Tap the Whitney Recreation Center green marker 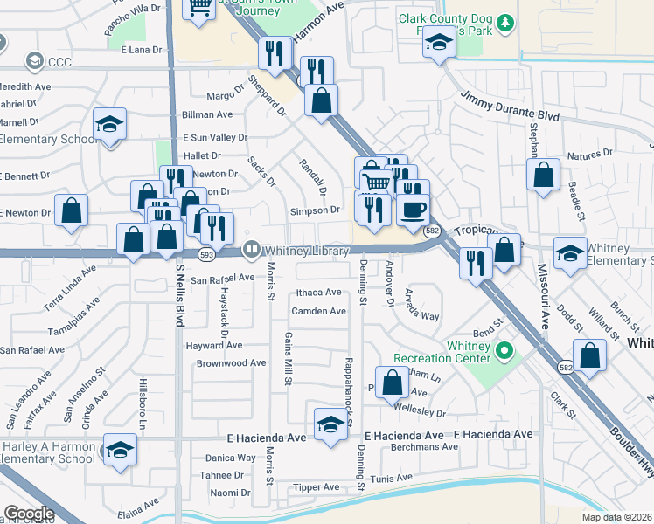tap(504, 352)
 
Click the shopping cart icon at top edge tap(199, 7)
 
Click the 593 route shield tap(206, 255)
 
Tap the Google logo tap(29, 514)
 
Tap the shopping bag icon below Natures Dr tap(544, 175)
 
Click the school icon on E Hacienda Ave tap(330, 424)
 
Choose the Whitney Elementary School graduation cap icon tap(570, 253)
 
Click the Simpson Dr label tap(316, 210)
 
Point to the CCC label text tap(59, 62)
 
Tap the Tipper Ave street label tap(316, 487)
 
